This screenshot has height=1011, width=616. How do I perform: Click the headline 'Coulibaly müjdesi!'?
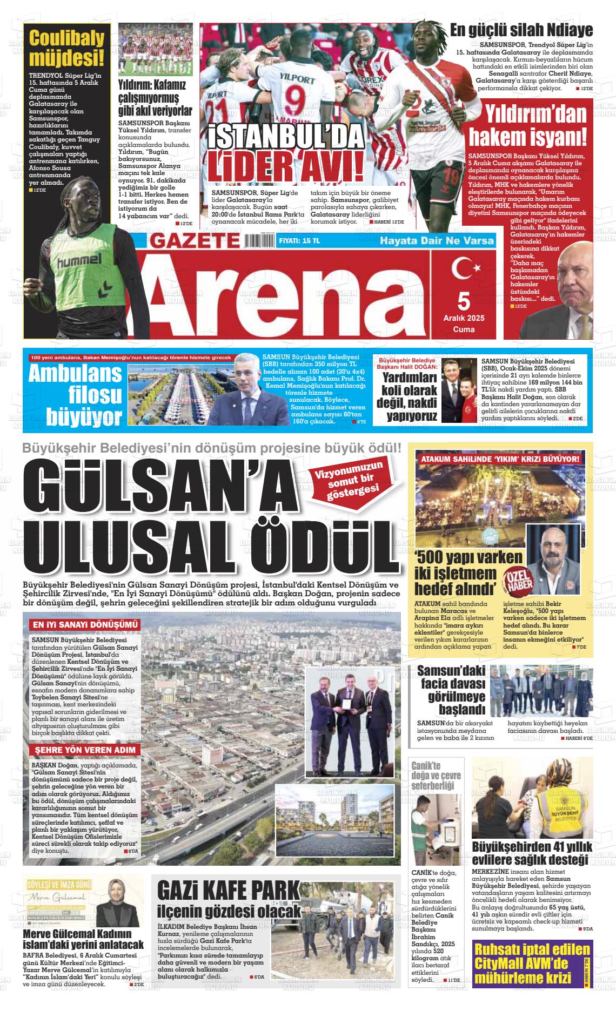[x=66, y=48]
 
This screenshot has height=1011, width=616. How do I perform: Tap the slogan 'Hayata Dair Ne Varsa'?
[x=437, y=240]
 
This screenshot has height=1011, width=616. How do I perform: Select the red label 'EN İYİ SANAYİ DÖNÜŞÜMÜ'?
[x=85, y=625]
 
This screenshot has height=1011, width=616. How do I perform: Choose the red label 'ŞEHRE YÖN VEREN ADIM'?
[x=84, y=750]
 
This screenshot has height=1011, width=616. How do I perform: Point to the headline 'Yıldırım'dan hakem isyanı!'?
[x=527, y=126]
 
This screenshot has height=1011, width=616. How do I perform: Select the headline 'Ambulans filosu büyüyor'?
[x=76, y=394]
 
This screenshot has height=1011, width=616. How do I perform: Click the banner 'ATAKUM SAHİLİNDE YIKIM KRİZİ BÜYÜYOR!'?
[x=500, y=459]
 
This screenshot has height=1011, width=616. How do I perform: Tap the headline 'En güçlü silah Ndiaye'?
[x=521, y=30]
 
